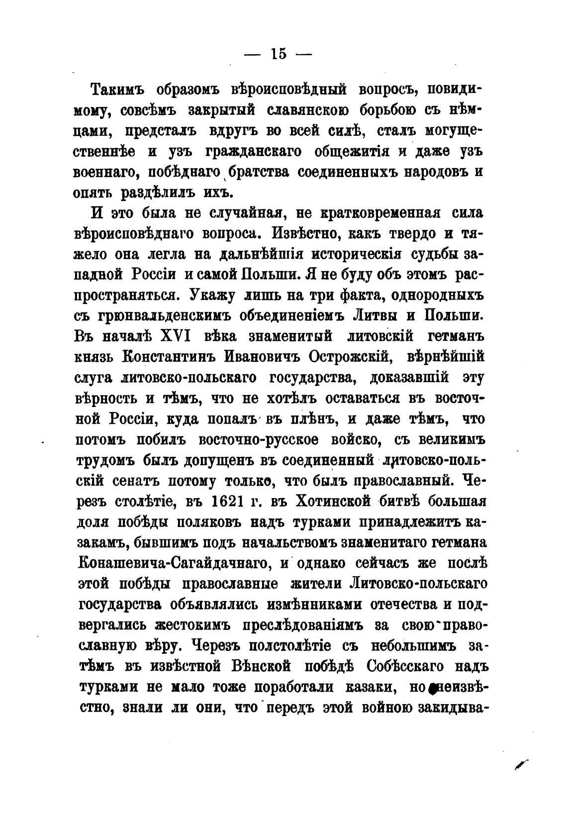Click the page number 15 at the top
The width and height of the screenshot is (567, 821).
pos(279,54)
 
